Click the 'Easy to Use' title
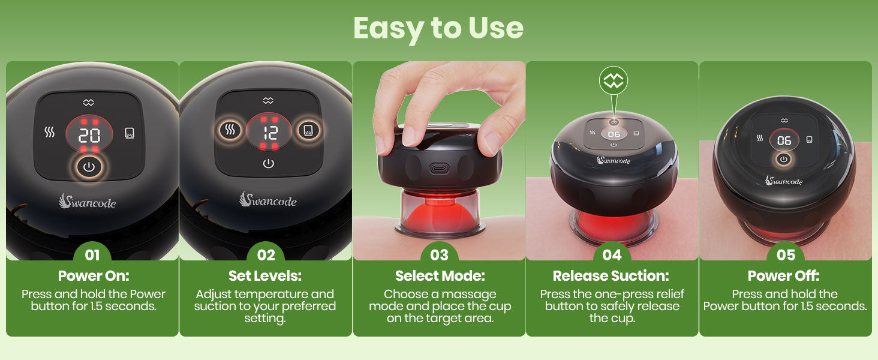point(438,29)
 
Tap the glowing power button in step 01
point(89,167)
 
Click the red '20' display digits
point(89,136)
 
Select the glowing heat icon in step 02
point(230,130)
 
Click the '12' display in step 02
point(270,133)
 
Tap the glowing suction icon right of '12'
point(308,130)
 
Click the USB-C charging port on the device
point(439,169)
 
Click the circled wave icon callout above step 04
point(614,81)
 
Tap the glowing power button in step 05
point(783,159)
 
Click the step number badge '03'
point(439,254)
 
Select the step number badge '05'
point(786,255)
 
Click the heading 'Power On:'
point(94,275)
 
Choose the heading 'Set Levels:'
point(265,275)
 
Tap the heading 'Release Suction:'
point(611,275)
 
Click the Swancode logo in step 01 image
point(88,201)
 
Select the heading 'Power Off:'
point(783,275)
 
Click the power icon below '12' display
point(269,163)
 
